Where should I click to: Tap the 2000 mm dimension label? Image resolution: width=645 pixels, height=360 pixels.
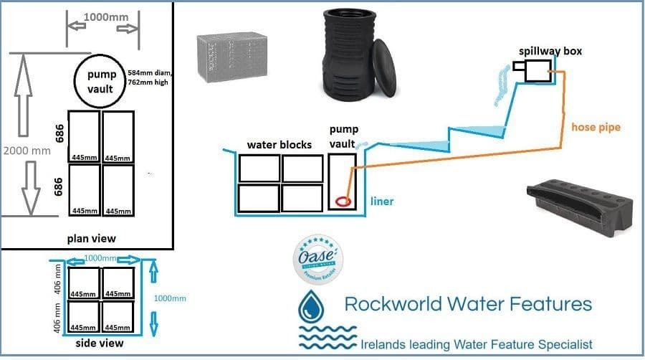coord(27,151)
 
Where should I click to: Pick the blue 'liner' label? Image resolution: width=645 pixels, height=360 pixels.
coord(383,202)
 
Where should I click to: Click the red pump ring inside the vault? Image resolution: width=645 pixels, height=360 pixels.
coord(343,203)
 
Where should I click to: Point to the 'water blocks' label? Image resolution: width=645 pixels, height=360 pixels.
coord(279,145)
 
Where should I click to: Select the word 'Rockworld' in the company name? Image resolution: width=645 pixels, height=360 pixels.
coord(393,303)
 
